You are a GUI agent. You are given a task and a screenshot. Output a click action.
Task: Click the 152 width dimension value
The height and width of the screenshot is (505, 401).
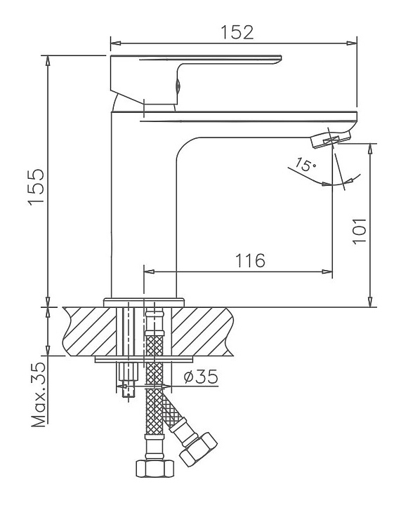(x=237, y=32)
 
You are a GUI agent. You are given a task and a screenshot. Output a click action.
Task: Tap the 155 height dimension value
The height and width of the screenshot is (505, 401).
(x=36, y=186)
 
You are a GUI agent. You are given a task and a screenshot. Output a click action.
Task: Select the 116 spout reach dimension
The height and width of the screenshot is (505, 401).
(x=250, y=260)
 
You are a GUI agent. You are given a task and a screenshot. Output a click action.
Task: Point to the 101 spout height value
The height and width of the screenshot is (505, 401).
(x=359, y=231)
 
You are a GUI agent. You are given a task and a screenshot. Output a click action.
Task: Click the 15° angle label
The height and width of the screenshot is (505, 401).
(x=305, y=165)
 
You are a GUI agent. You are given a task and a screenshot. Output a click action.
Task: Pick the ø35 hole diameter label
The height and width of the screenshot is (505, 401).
(x=201, y=377)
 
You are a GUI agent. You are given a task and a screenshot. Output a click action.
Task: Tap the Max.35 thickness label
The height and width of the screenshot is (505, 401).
(x=39, y=395)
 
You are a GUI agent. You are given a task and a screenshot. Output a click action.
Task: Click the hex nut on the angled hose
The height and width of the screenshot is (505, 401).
(x=198, y=449)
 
